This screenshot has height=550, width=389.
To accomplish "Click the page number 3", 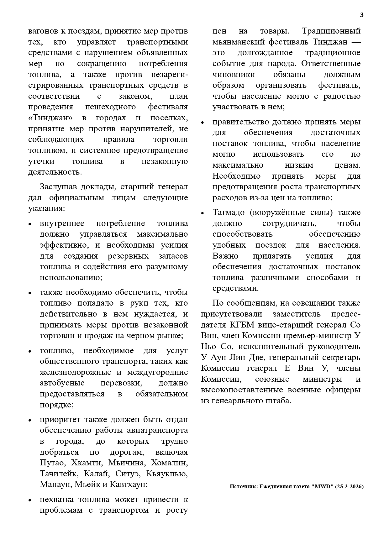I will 362,15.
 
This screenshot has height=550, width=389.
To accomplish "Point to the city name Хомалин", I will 169,463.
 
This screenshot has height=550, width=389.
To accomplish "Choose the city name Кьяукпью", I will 169,474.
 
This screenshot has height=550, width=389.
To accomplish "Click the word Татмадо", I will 229,212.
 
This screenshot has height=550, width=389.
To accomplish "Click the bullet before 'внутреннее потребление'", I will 30,224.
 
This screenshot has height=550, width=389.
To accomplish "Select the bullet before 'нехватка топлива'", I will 30,500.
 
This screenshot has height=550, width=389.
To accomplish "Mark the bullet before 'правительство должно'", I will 203,123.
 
